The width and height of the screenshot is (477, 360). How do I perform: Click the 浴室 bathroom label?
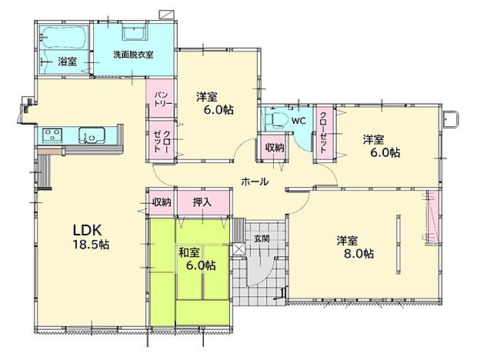(x=66, y=61)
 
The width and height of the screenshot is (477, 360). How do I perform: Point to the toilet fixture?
(x=274, y=119)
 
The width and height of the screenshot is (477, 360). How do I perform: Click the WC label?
(x=299, y=121)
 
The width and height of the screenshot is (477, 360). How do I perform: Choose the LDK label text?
(x=88, y=229)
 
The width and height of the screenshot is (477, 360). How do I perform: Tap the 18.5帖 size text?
(x=91, y=245)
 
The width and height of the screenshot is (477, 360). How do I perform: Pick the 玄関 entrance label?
(x=261, y=238)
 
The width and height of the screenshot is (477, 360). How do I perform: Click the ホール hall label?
(x=255, y=182)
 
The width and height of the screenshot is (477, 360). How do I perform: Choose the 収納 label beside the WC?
(x=275, y=148)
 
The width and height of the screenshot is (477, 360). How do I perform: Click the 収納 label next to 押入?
(x=161, y=202)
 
